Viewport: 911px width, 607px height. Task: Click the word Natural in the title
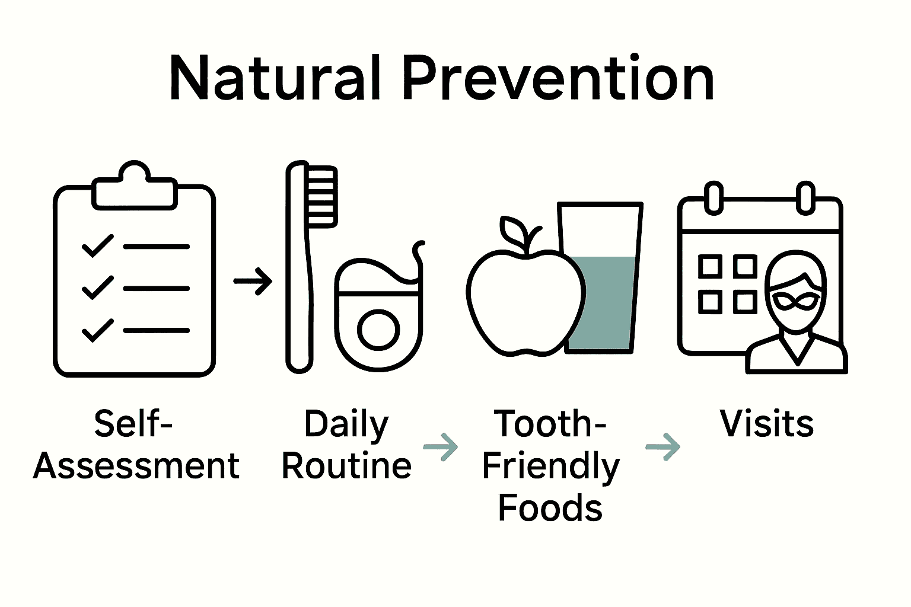tap(275, 78)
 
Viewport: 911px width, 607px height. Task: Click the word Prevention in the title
tap(558, 78)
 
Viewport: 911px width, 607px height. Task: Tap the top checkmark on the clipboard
tap(98, 245)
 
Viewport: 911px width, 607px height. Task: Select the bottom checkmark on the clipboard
tap(98, 330)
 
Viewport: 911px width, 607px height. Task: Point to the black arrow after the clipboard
tap(253, 281)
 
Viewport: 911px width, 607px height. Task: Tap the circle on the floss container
tap(378, 330)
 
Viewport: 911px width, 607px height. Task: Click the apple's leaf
tap(512, 229)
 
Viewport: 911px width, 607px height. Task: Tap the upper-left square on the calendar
tap(710, 267)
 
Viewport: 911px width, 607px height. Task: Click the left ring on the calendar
tap(714, 197)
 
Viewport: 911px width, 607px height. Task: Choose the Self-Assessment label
tap(136, 445)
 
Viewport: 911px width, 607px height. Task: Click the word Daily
tap(346, 424)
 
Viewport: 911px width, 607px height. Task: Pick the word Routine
tap(346, 466)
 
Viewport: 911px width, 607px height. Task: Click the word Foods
tap(550, 509)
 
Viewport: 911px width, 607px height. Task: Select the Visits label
tap(766, 424)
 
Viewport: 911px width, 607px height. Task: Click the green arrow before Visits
tap(663, 447)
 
